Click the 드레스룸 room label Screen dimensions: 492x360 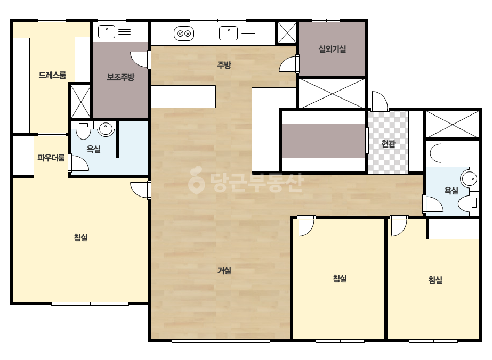click(x=52, y=75)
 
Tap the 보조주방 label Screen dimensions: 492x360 click(x=121, y=77)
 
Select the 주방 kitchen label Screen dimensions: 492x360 click(x=224, y=65)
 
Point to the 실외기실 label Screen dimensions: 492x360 click(x=332, y=49)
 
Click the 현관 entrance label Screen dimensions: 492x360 click(x=389, y=144)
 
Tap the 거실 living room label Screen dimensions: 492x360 click(x=224, y=271)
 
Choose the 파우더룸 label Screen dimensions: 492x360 click(x=51, y=158)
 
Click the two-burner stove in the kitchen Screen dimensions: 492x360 click(x=184, y=34)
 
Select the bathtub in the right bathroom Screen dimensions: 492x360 click(x=451, y=153)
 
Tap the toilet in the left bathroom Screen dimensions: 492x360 click(x=83, y=130)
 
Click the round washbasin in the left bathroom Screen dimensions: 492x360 click(x=106, y=128)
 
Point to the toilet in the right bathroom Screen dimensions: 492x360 click(x=469, y=203)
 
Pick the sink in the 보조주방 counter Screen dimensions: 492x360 click(x=107, y=32)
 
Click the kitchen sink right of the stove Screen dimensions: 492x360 click(x=228, y=33)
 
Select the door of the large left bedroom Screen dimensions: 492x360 click(x=141, y=190)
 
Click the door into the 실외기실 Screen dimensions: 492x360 click(x=289, y=64)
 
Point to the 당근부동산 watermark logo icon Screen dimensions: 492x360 click(x=196, y=180)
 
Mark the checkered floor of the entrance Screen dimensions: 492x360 click(x=389, y=142)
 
